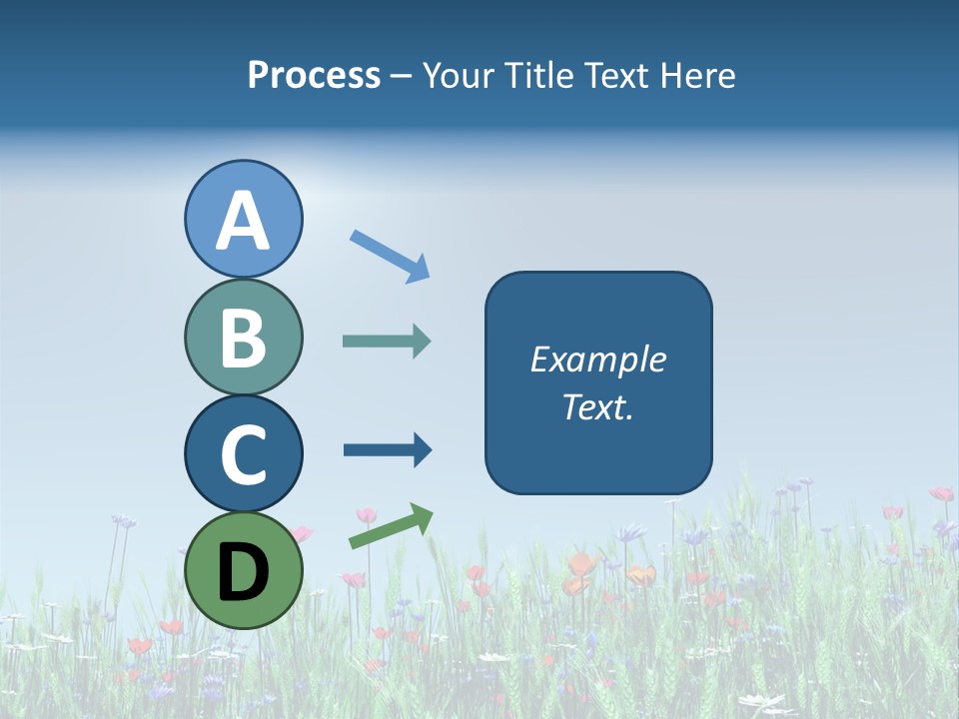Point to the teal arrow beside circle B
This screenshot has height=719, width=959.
[x=387, y=342]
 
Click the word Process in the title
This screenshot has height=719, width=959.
[x=314, y=76]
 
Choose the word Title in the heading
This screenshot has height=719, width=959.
[x=530, y=75]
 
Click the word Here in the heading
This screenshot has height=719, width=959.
[x=699, y=75]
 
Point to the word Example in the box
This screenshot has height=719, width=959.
[x=597, y=359]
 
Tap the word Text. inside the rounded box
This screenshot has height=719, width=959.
[x=597, y=407]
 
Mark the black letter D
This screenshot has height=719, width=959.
[x=243, y=571]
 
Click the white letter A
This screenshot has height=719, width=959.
[x=243, y=221]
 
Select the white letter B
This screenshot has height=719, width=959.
[x=243, y=338]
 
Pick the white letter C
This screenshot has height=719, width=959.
[x=243, y=454]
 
